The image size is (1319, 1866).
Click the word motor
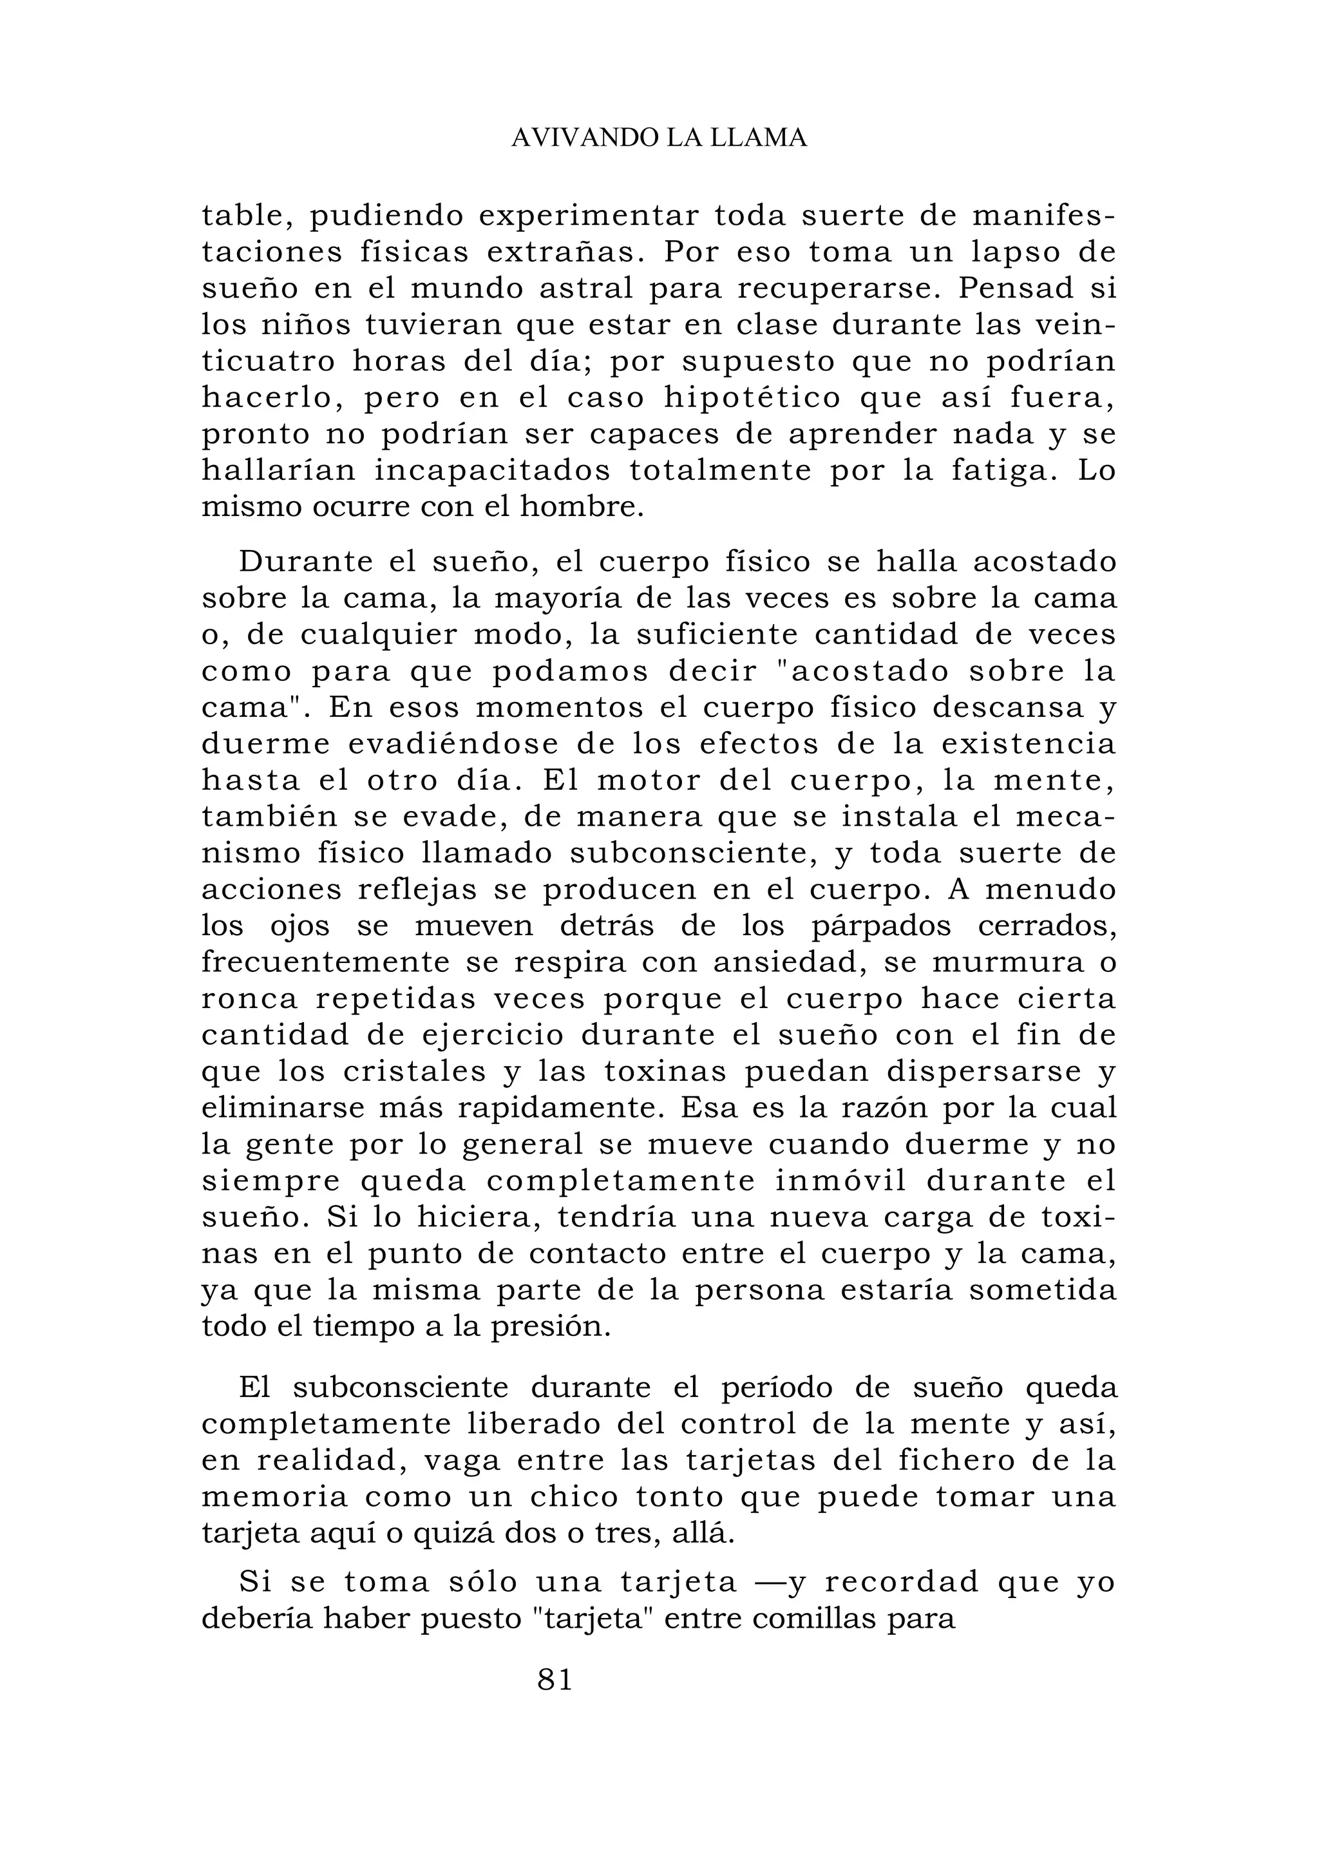tap(636, 781)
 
